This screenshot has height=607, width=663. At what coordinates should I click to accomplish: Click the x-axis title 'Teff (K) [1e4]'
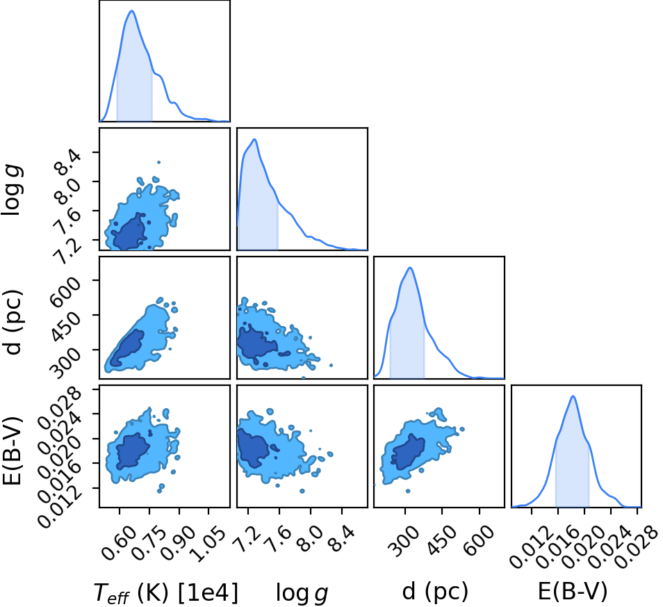pos(165,592)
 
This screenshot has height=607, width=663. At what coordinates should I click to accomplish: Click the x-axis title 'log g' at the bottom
pos(302,593)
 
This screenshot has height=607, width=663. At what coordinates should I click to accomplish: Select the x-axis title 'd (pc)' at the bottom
pos(435,591)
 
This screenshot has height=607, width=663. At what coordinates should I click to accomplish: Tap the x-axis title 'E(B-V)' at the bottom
pos(573,591)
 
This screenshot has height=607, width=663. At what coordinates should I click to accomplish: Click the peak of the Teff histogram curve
pos(131,11)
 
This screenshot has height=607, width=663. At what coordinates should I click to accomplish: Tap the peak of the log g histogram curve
pos(254,139)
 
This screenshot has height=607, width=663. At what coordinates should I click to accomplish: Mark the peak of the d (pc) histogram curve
pos(410,267)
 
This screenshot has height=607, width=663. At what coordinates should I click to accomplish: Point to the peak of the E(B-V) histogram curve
pos(573,396)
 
